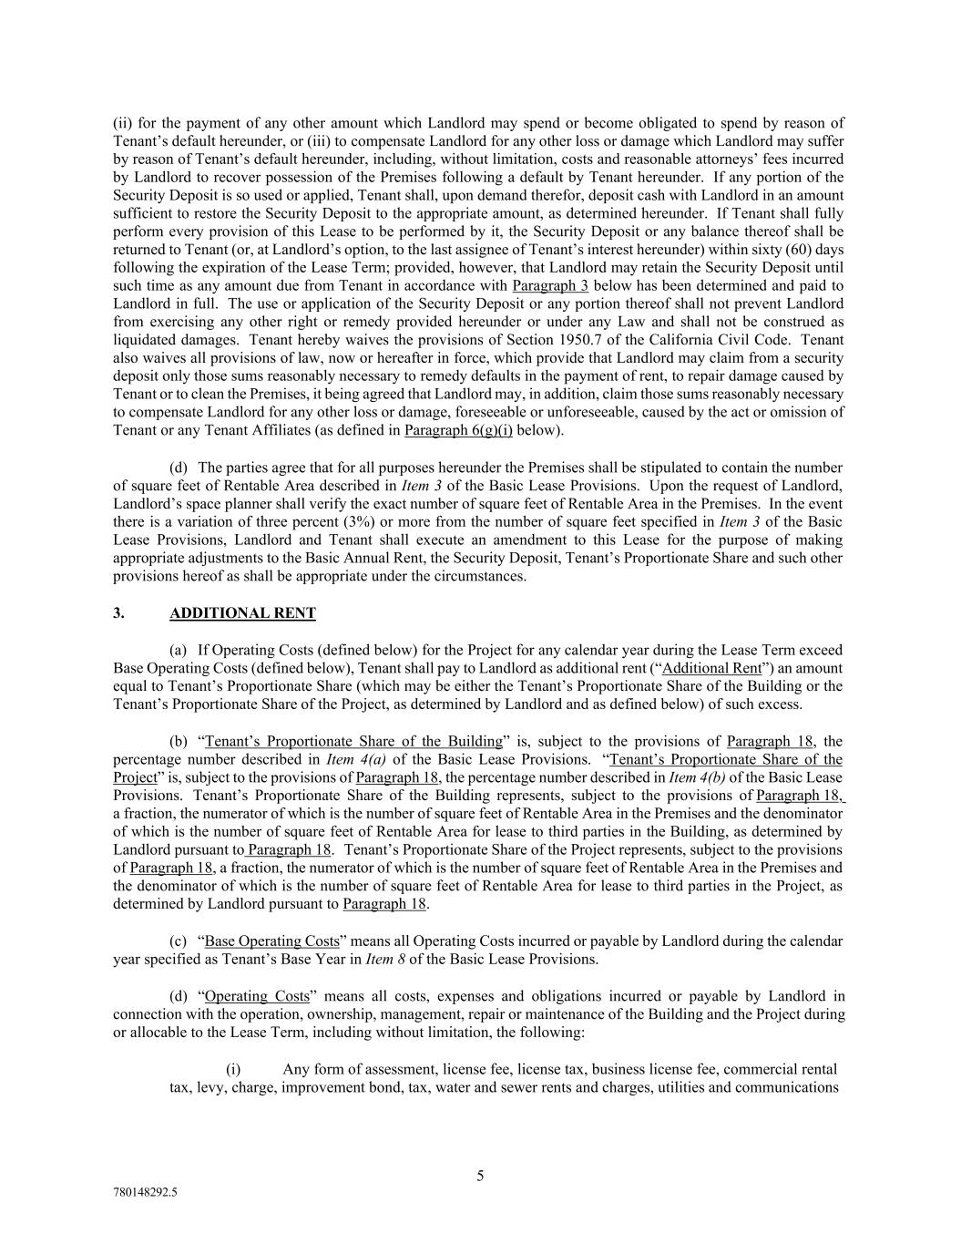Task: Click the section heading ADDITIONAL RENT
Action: click(242, 613)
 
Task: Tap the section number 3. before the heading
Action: click(119, 613)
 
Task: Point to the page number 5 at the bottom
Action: click(480, 1176)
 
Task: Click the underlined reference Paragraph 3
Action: click(550, 285)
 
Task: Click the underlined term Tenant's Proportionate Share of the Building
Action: click(353, 741)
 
